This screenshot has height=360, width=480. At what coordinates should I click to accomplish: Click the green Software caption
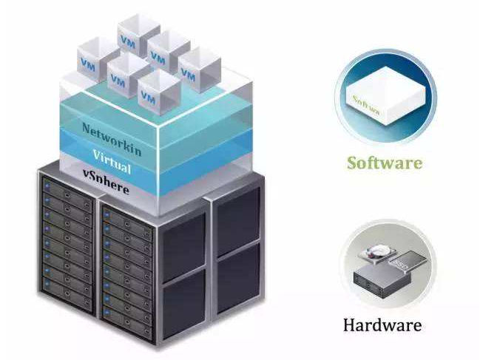coord(385,162)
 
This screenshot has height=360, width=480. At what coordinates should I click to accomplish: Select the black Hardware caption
coord(382,325)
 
